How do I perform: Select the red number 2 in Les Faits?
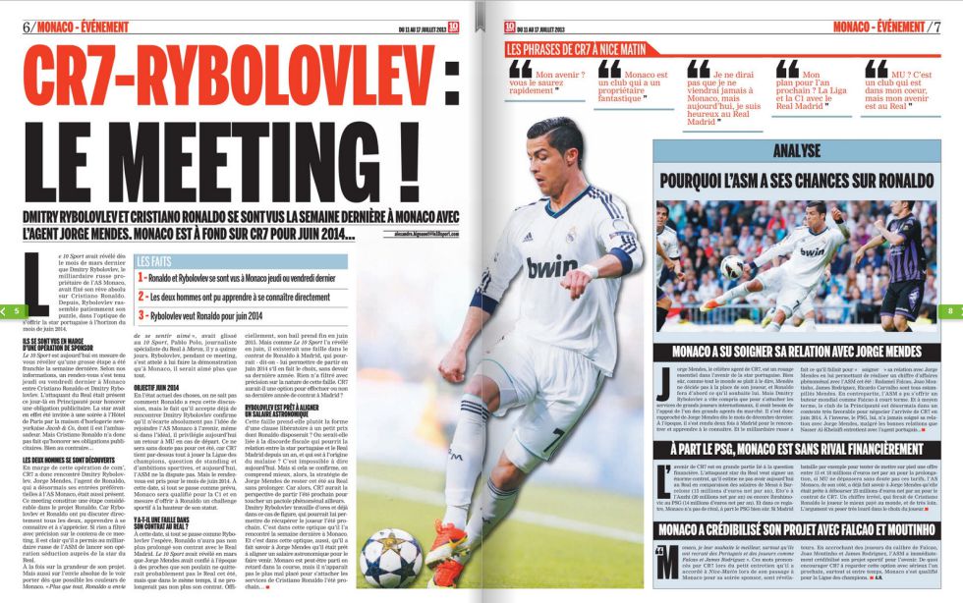click(x=142, y=296)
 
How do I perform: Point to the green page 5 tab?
click(x=15, y=310)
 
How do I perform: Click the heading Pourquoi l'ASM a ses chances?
click(x=797, y=183)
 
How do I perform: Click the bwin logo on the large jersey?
click(x=550, y=267)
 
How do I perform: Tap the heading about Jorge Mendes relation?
click(x=797, y=352)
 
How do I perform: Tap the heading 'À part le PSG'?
click(x=797, y=449)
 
